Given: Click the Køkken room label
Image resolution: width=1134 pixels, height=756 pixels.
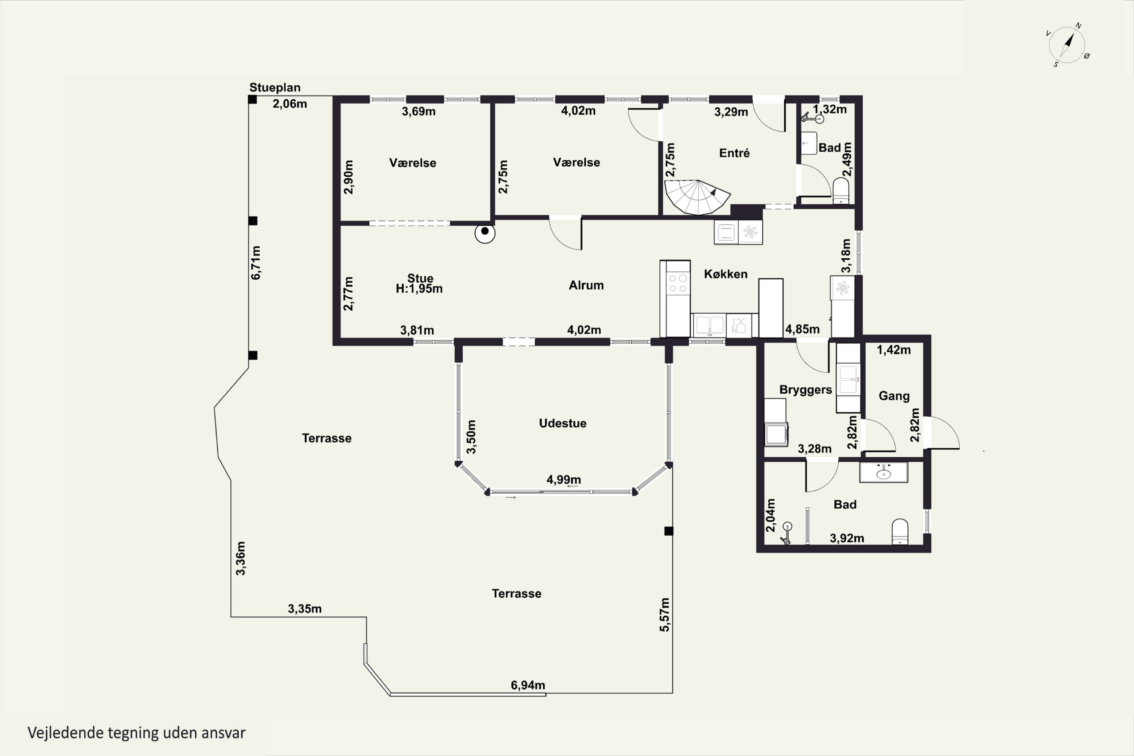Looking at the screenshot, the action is [726, 274].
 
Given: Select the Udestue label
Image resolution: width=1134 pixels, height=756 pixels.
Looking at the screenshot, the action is [563, 423].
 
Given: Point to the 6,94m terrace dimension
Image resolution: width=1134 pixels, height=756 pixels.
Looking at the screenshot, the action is [528, 685].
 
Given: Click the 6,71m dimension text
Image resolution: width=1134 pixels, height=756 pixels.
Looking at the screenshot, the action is [256, 263].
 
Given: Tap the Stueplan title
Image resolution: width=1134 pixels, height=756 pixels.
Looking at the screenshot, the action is [275, 87].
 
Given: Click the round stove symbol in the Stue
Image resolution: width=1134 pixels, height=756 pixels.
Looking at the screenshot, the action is [485, 233].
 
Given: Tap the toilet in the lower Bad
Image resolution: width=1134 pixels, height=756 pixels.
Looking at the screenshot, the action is [900, 531].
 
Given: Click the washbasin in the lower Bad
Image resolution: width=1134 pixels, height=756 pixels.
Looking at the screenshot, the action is [884, 472].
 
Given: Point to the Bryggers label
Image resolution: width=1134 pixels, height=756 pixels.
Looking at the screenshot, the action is [806, 390].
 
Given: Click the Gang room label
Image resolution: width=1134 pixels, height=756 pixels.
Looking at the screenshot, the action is [894, 396].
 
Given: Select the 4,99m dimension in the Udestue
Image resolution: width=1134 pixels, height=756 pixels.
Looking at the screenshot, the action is [564, 480].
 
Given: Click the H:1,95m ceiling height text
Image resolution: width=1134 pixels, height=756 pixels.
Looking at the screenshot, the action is [419, 289].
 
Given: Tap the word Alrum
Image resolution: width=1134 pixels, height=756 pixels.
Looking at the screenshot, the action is [586, 285].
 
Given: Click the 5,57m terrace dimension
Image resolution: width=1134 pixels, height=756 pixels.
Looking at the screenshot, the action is [665, 615].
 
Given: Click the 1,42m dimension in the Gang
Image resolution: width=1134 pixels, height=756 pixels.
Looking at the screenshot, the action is [894, 350].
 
